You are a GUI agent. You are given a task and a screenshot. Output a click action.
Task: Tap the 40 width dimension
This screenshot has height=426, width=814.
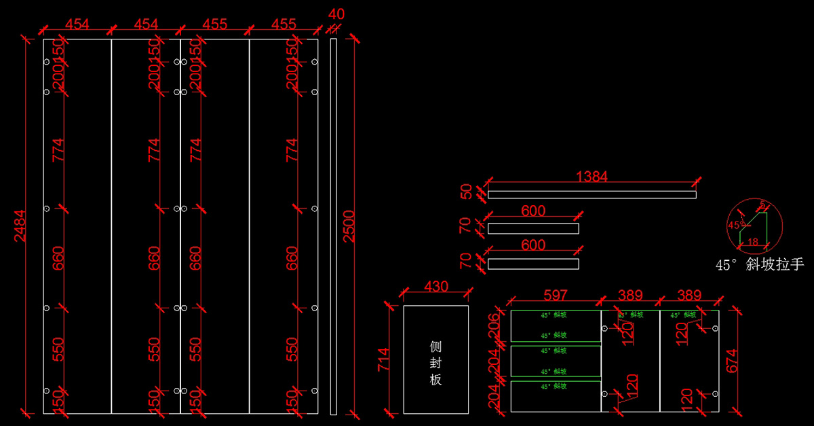click(x=336, y=14)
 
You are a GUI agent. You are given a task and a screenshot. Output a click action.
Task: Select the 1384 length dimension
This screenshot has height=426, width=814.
click(x=592, y=177)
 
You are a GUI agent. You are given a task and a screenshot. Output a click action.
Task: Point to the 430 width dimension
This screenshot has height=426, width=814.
click(x=435, y=287)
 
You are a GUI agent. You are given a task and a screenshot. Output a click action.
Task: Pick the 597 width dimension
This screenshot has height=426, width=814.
click(x=555, y=295)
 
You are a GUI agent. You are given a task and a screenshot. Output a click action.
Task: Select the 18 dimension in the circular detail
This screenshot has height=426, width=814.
click(x=752, y=241)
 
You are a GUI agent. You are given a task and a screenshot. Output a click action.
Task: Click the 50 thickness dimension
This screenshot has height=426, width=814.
click(x=467, y=192)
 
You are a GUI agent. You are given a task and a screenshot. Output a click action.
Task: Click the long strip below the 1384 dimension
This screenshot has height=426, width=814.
click(x=592, y=195)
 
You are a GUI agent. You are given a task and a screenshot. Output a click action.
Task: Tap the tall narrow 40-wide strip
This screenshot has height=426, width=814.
click(x=333, y=226)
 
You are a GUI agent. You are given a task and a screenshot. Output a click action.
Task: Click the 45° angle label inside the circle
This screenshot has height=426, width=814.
click(x=735, y=225)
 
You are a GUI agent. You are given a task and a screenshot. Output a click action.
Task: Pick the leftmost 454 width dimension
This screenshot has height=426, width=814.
click(x=77, y=24)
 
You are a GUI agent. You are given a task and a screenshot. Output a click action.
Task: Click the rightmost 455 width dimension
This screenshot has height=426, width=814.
click(x=284, y=24)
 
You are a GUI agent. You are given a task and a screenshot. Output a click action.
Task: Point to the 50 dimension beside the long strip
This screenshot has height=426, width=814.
click(x=467, y=192)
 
